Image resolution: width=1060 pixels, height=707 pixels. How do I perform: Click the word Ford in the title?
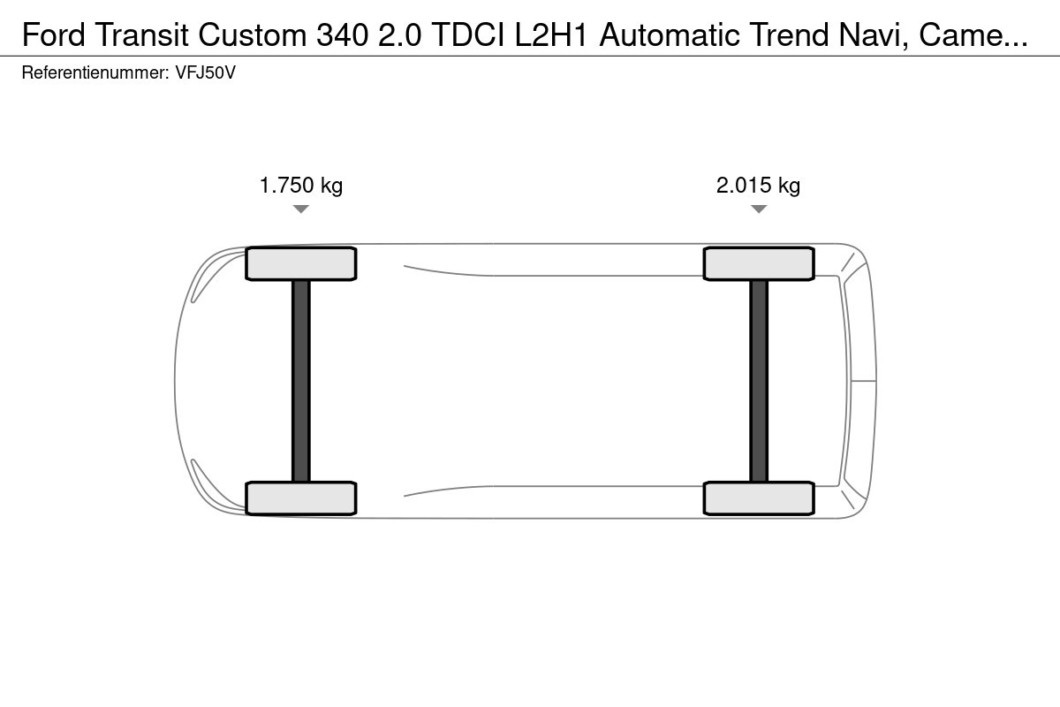[x=54, y=35]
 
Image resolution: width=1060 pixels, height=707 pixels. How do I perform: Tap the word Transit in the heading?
[x=142, y=35]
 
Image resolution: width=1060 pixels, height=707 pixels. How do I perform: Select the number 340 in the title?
[x=342, y=35]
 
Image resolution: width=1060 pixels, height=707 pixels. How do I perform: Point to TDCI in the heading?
[x=468, y=35]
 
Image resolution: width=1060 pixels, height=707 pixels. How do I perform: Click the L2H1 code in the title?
[x=551, y=35]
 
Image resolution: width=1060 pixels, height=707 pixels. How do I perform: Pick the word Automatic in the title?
[x=670, y=35]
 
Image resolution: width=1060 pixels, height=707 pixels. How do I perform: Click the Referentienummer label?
[x=95, y=73]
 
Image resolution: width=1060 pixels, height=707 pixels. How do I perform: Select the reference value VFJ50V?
[x=205, y=73]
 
